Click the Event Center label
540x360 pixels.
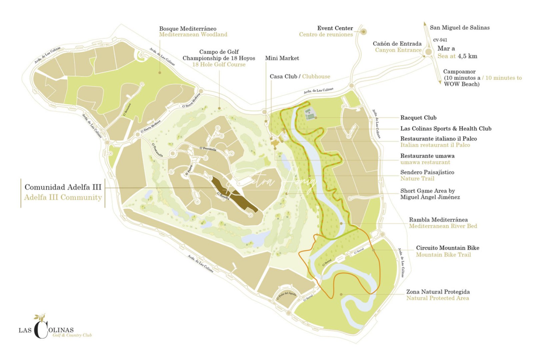pyautogui.click(x=335, y=28)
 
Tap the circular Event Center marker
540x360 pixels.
pyautogui.click(x=364, y=32)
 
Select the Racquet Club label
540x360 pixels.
pyautogui.click(x=418, y=118)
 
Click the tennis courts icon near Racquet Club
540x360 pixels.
pyautogui.click(x=310, y=114)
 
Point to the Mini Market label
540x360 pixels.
pyautogui.click(x=282, y=58)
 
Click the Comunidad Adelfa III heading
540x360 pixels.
pyautogui.click(x=63, y=187)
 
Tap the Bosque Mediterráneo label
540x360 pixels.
pyautogui.click(x=188, y=29)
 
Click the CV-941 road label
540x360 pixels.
pyautogui.click(x=440, y=40)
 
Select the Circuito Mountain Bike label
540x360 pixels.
pyautogui.click(x=447, y=248)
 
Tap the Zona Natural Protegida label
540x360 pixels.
pyautogui.click(x=438, y=292)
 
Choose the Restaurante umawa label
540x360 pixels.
pyautogui.click(x=427, y=156)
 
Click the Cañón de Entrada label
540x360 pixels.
pyautogui.click(x=397, y=44)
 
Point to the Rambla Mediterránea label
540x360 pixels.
pyautogui.click(x=443, y=220)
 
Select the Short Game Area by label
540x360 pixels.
pyautogui.click(x=427, y=191)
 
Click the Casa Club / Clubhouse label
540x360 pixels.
pyautogui.click(x=300, y=77)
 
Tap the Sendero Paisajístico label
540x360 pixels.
pyautogui.click(x=427, y=172)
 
